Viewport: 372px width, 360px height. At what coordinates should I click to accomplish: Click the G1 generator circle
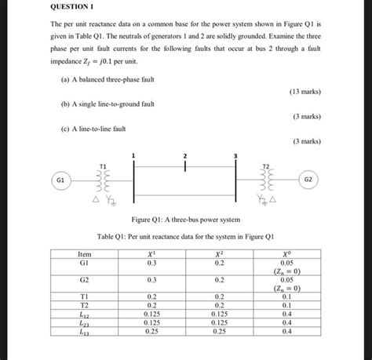tap(60, 180)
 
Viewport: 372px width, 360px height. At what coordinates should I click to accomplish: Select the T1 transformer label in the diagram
tap(103, 165)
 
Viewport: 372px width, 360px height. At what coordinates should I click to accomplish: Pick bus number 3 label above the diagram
tap(235, 156)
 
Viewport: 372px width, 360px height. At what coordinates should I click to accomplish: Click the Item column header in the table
tap(84, 254)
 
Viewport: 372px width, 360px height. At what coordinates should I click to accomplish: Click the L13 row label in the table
tap(84, 332)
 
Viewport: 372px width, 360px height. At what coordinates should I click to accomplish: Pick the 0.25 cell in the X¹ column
tap(151, 332)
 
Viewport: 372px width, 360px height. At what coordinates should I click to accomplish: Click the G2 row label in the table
tap(84, 279)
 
